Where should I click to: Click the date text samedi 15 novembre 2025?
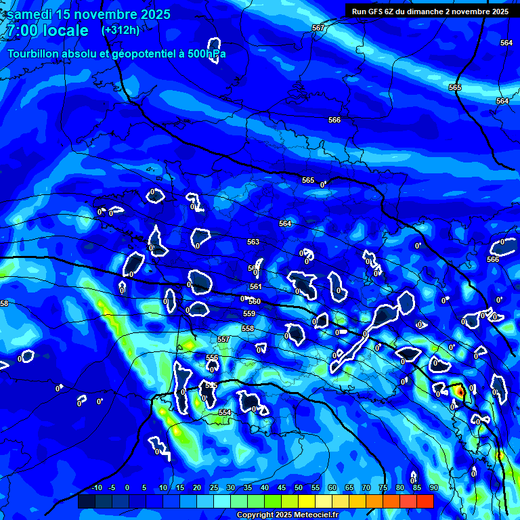pyautogui.click(x=88, y=14)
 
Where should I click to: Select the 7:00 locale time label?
pyautogui.click(x=47, y=30)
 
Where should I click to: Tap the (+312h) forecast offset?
pyautogui.click(x=121, y=30)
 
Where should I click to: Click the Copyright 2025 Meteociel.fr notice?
pyautogui.click(x=288, y=515)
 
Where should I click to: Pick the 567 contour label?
pyautogui.click(x=318, y=28)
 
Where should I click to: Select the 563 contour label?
pyautogui.click(x=253, y=242)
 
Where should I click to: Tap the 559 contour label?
pyautogui.click(x=249, y=313)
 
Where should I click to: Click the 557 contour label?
pyautogui.click(x=223, y=339)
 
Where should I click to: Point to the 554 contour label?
pyautogui.click(x=225, y=412)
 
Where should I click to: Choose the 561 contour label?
pyautogui.click(x=255, y=287)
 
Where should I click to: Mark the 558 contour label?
pyautogui.click(x=248, y=328)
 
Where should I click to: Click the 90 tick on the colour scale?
pyautogui.click(x=433, y=488)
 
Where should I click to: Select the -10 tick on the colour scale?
pyautogui.click(x=96, y=488)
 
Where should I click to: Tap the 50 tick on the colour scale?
pyautogui.click(x=299, y=488)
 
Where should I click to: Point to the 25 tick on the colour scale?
pyautogui.click(x=214, y=488)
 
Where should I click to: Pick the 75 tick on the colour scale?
pyautogui.click(x=383, y=488)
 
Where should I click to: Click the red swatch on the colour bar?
pyautogui.click(x=425, y=501)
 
